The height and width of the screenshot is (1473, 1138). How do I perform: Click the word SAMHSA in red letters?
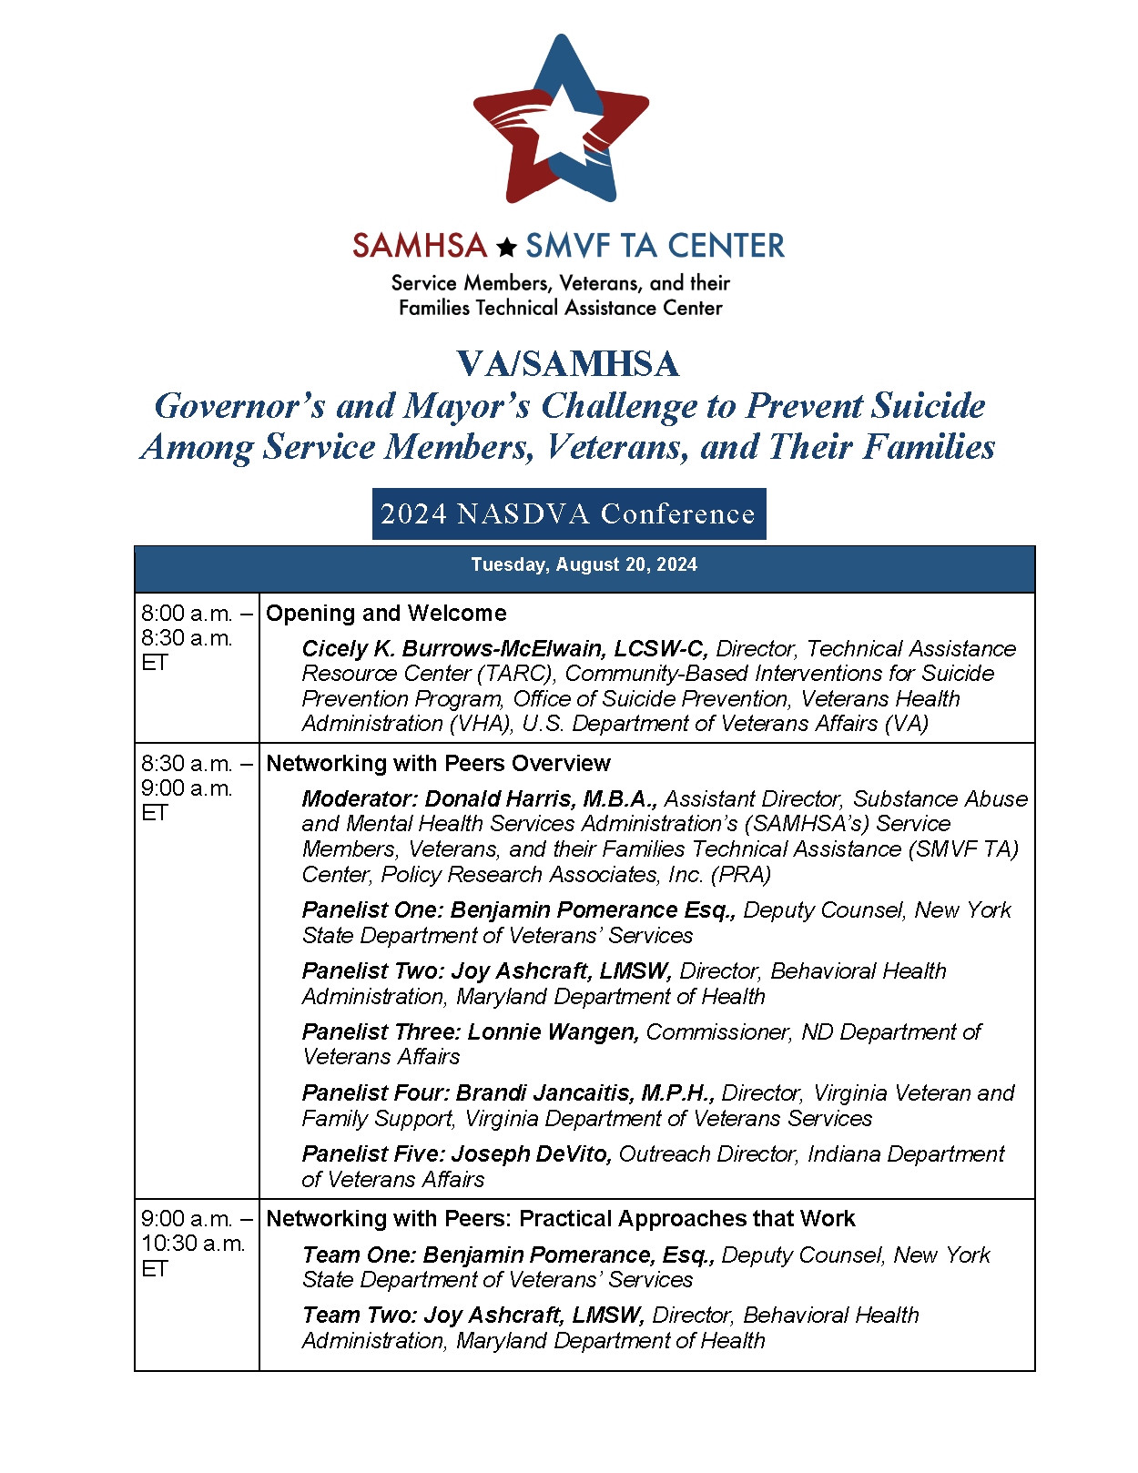(x=420, y=246)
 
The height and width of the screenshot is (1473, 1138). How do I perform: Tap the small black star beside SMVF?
(x=507, y=247)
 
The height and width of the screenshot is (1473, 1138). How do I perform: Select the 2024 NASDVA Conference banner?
(x=568, y=514)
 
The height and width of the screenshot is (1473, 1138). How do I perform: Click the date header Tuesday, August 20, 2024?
(x=584, y=565)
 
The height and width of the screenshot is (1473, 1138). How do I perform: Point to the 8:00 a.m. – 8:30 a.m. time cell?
(x=196, y=637)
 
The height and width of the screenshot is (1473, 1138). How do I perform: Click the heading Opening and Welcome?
(x=386, y=614)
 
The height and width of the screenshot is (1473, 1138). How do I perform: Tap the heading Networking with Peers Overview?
(x=438, y=763)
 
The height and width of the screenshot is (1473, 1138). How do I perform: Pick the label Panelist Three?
(x=381, y=1032)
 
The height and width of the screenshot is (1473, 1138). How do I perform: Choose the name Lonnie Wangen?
(x=553, y=1032)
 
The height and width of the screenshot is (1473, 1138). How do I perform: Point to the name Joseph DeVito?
(x=531, y=1154)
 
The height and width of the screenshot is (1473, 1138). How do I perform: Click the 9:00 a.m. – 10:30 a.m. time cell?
(x=196, y=1244)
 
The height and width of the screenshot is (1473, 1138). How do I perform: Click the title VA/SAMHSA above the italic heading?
(x=568, y=364)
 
